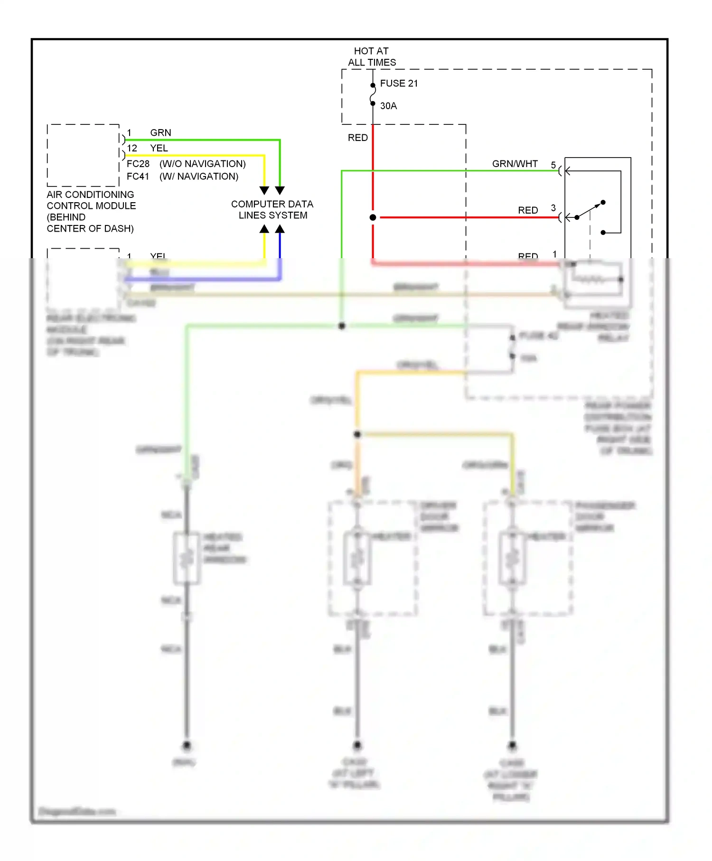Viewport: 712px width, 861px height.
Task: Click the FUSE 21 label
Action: click(399, 84)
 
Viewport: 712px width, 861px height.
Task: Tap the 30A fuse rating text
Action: click(388, 106)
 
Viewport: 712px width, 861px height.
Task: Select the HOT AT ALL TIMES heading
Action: click(371, 56)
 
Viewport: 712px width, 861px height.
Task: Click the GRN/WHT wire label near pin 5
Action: click(515, 164)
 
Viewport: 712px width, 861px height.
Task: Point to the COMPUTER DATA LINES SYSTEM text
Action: click(272, 210)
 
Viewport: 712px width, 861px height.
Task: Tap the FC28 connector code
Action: click(138, 164)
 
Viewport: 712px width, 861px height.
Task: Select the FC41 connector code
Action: click(138, 177)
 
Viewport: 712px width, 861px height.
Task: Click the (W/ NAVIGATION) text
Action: click(199, 177)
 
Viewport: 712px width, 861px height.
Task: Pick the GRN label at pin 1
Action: click(160, 133)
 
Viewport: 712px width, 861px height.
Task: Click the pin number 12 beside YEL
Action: click(132, 149)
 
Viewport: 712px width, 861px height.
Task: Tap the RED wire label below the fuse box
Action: click(358, 138)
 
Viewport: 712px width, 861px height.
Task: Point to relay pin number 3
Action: click(553, 208)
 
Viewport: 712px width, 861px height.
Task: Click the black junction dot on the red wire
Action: click(373, 217)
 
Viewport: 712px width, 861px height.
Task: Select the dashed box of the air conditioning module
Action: click(83, 156)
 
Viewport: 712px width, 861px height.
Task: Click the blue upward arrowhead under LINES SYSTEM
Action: click(280, 229)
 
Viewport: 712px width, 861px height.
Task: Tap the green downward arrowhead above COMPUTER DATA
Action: click(280, 190)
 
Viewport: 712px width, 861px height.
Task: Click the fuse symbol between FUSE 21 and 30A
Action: click(373, 94)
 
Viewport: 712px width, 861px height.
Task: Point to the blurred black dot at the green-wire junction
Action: click(342, 326)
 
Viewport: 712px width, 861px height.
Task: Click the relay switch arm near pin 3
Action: click(590, 210)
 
